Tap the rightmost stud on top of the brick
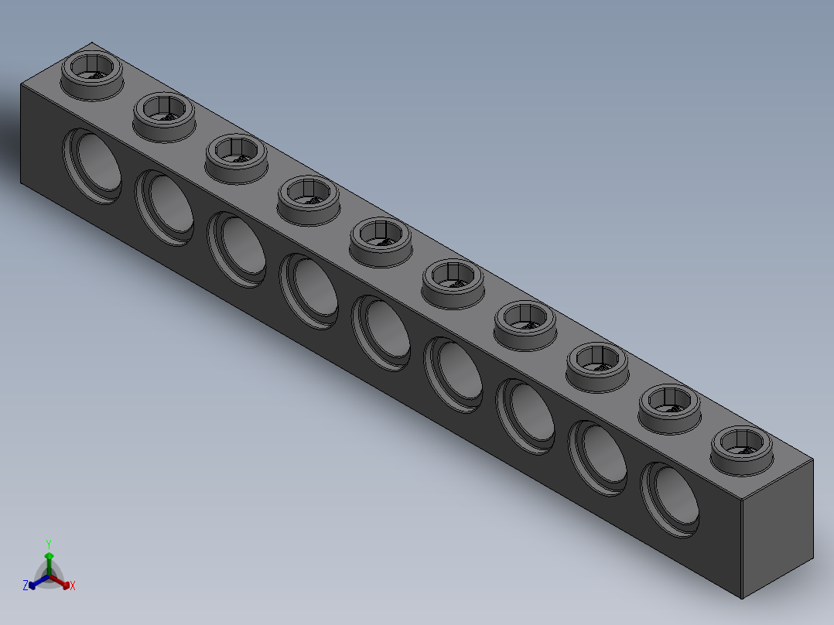(x=743, y=447)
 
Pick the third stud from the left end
(x=236, y=157)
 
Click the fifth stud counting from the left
(x=381, y=240)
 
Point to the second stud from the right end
(x=670, y=406)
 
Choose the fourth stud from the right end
(x=525, y=323)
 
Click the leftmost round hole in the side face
(x=92, y=166)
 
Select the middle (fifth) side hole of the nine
(x=381, y=333)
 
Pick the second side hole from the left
(x=164, y=208)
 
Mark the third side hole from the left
(x=237, y=249)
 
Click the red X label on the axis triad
(x=73, y=586)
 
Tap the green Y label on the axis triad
(x=48, y=544)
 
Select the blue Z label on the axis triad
(x=26, y=586)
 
